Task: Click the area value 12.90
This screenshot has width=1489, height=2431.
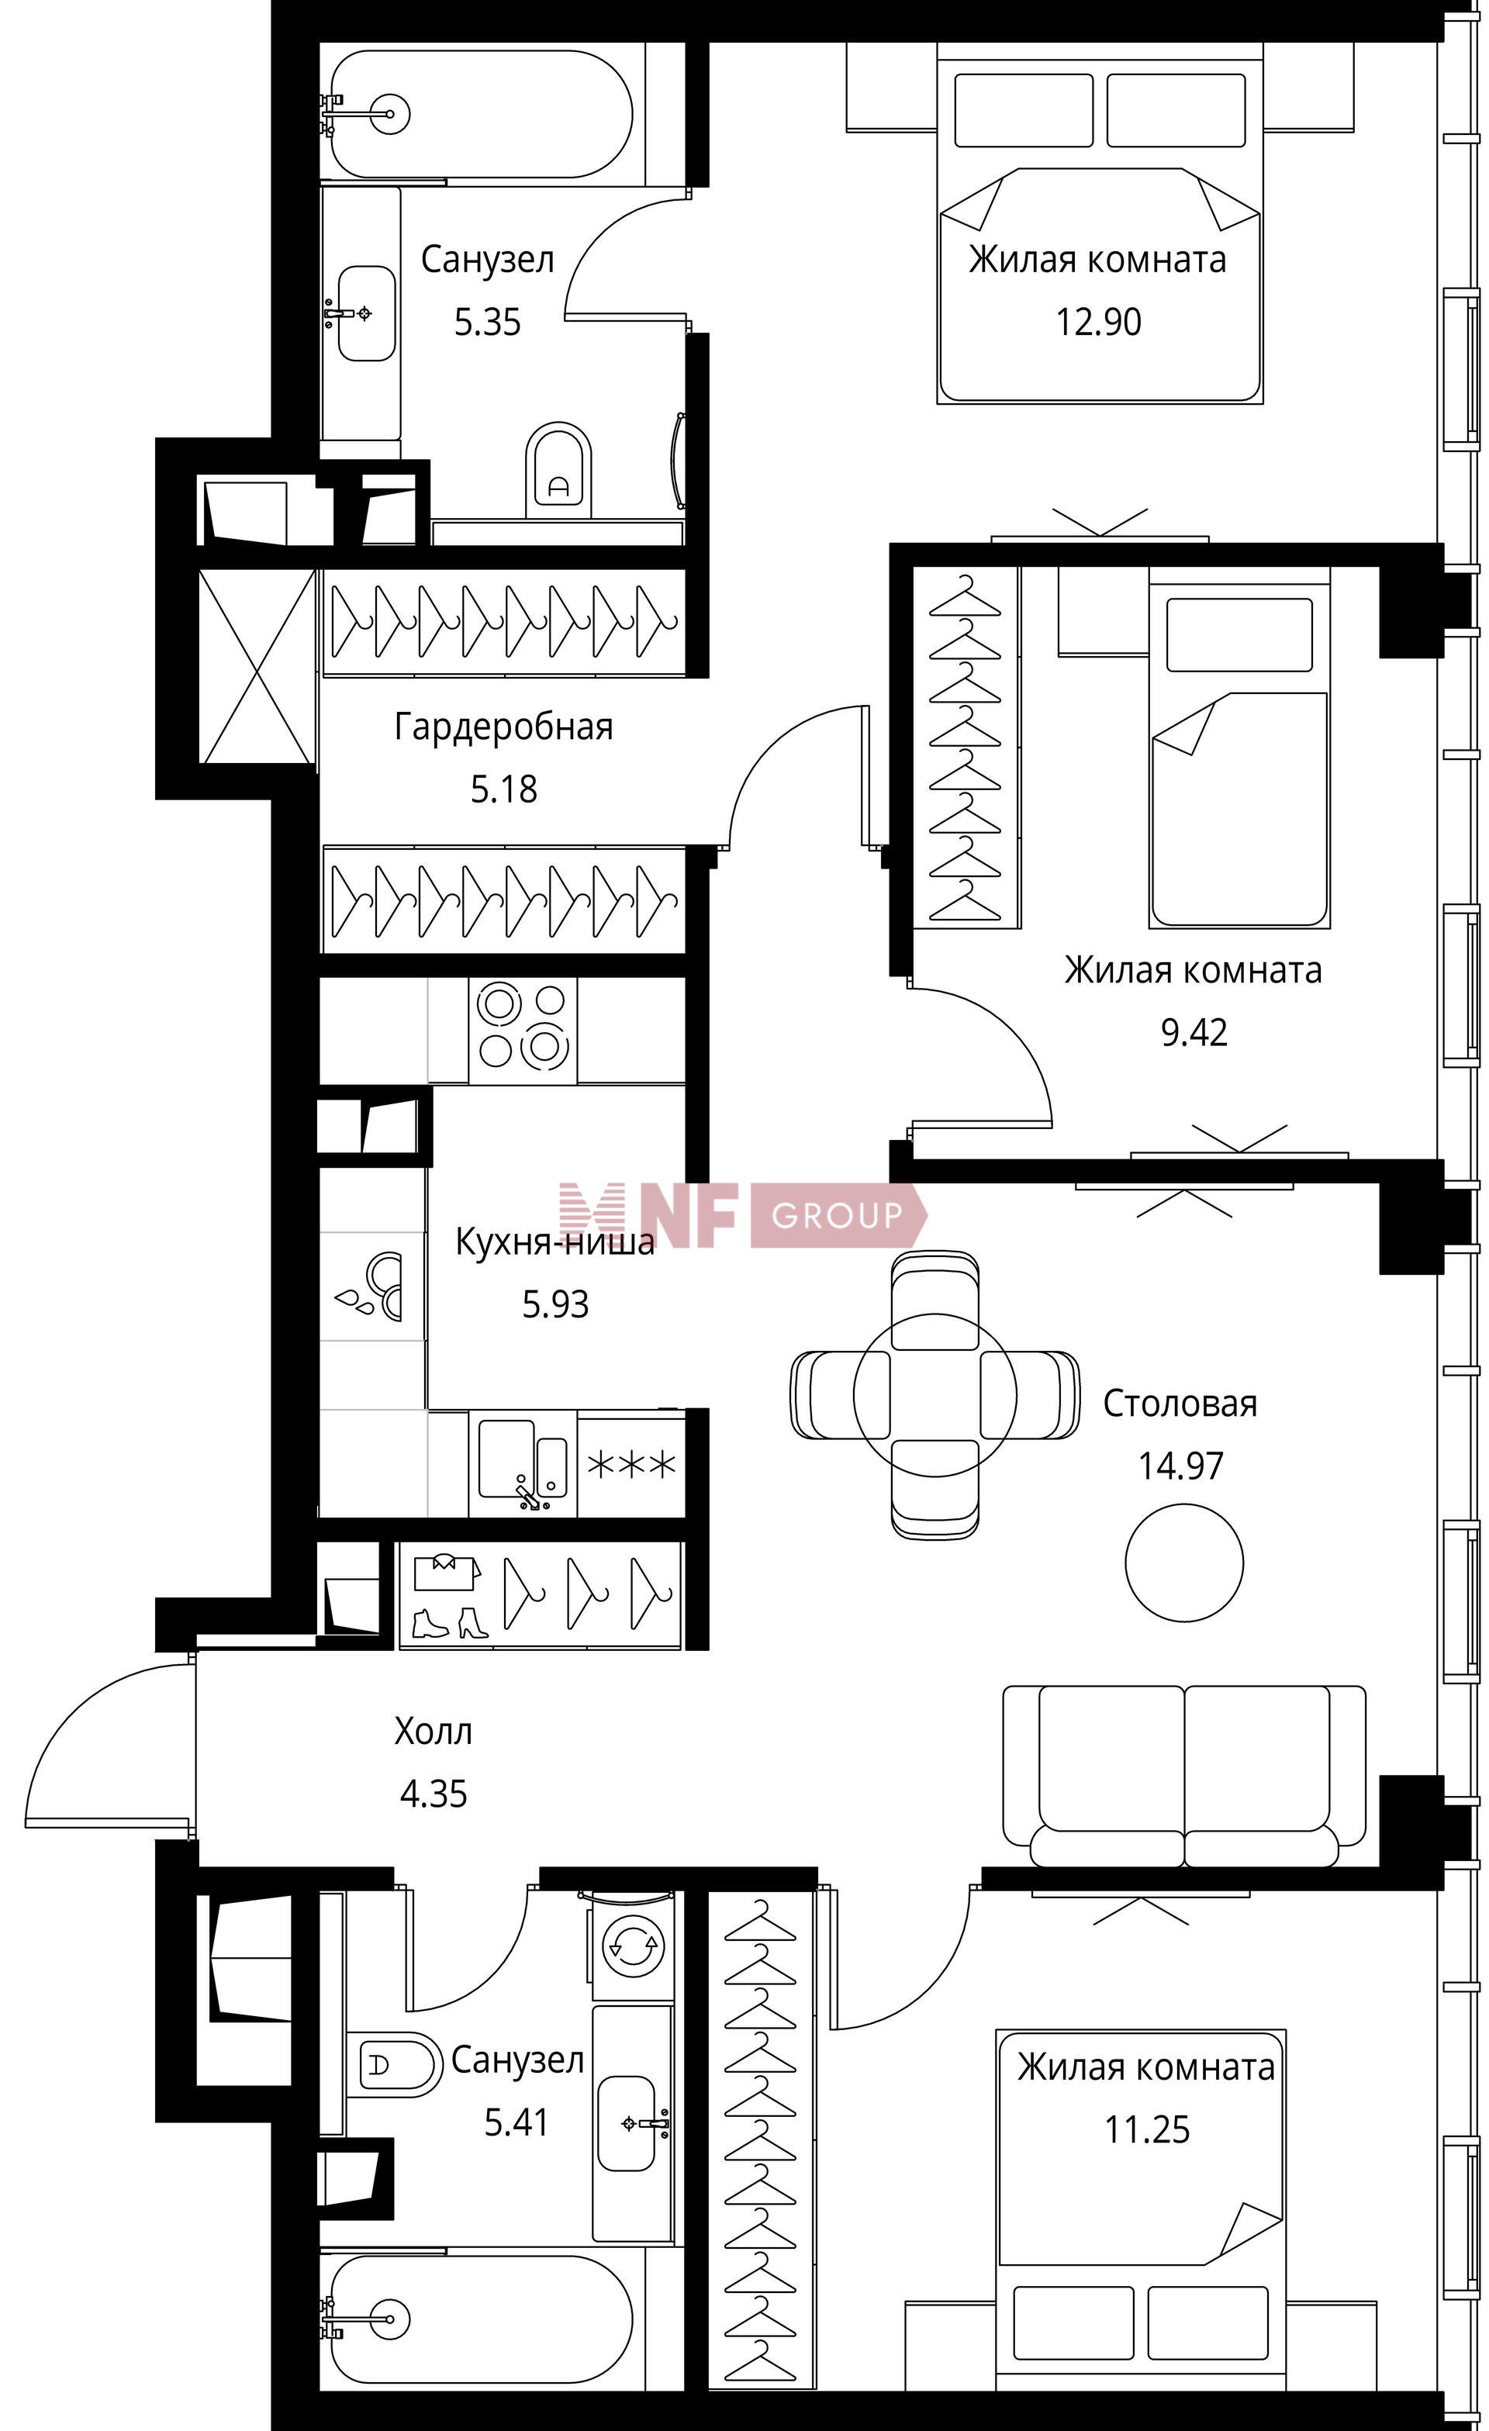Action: (x=1098, y=323)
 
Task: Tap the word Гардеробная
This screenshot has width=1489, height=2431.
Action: (x=503, y=727)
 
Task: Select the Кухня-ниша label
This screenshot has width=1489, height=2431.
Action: (x=554, y=1241)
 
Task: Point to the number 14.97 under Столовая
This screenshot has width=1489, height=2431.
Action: (x=1180, y=1466)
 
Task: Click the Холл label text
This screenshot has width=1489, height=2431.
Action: (x=434, y=1732)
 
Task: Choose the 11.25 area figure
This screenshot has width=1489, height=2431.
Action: (x=1146, y=2130)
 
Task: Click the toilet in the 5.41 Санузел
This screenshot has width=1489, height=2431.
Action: (x=392, y=2064)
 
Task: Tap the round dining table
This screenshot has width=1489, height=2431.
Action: (x=935, y=1394)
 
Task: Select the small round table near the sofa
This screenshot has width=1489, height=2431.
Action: (x=1184, y=1563)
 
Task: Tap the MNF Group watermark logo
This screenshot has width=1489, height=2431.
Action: (x=743, y=1214)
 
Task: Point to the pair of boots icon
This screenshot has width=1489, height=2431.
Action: (x=448, y=1623)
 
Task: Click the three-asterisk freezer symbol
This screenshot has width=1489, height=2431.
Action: (x=631, y=1464)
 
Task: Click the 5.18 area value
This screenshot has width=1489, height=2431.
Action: (x=503, y=790)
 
